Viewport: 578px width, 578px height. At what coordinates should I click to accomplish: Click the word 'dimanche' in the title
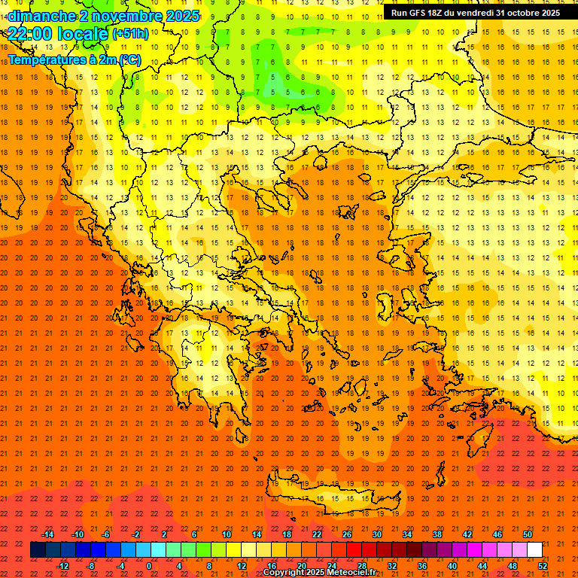[x=41, y=15]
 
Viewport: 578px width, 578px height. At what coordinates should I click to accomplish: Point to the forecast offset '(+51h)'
[x=130, y=34]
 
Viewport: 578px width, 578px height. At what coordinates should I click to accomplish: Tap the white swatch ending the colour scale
[x=534, y=550]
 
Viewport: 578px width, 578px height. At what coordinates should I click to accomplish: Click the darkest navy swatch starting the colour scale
[x=38, y=550]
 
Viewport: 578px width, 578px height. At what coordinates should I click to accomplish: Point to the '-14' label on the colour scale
[x=47, y=534]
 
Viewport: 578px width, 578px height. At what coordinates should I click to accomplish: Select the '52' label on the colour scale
[x=542, y=565]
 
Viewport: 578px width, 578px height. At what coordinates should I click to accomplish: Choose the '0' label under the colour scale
[x=149, y=565]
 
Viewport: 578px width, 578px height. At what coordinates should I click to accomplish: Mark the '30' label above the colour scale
[x=377, y=534]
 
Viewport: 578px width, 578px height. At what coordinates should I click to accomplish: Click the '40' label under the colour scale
[x=452, y=565]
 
